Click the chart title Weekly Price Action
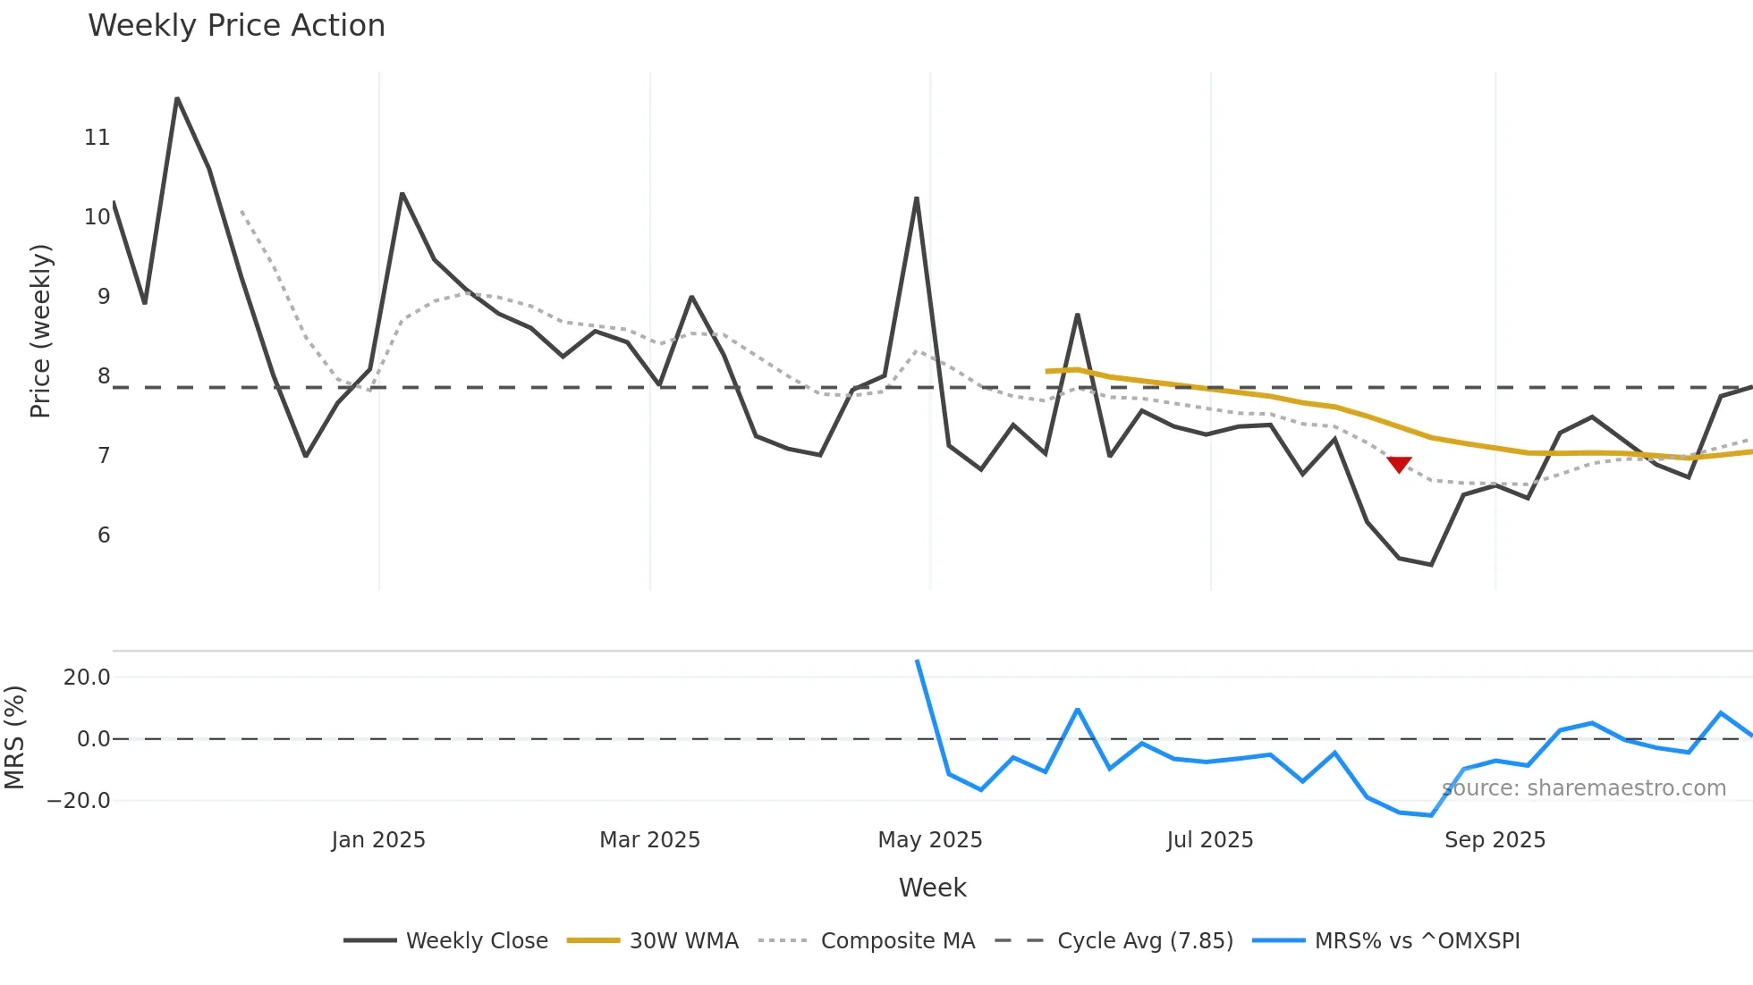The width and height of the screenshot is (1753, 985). pos(236,26)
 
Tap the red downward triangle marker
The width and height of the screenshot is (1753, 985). pos(1399,464)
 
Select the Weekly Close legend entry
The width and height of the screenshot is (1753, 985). pos(446,940)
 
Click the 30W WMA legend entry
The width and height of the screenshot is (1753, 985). pos(653,940)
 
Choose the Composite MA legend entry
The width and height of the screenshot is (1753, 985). pos(867,940)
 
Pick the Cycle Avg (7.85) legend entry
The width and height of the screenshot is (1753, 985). pos(1114,940)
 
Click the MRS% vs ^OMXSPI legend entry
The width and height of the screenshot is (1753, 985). pos(1386,940)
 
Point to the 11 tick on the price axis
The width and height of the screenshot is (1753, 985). pos(97,138)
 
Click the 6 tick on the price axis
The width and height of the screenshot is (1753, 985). pos(104,535)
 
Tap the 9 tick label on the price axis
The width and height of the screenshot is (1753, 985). pos(104,297)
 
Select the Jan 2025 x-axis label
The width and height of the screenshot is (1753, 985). pos(378,840)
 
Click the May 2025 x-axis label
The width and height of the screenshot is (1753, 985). pos(930,840)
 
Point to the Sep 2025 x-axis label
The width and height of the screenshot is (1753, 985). pos(1495,840)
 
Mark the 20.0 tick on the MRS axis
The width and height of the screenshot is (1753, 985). pos(87,678)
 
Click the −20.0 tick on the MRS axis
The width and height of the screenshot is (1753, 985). pos(79,801)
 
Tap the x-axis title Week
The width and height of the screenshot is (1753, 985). pos(932,888)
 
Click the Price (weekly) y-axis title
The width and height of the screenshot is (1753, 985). pos(41,331)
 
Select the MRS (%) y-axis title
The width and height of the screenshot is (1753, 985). pos(14,737)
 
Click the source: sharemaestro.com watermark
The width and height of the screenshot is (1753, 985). pos(1584,788)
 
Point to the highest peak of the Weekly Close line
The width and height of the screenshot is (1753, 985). pos(177,98)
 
